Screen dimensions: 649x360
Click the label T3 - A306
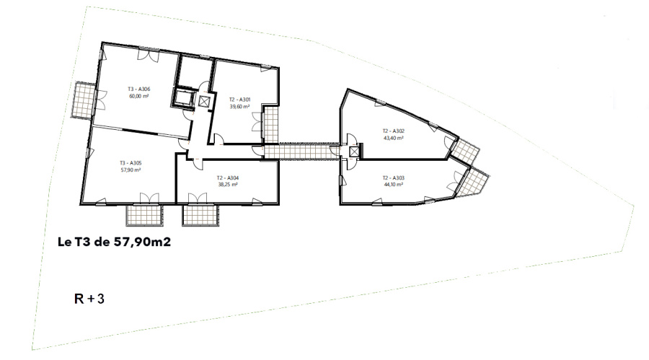(x=138, y=89)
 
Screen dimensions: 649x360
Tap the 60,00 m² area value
(x=139, y=96)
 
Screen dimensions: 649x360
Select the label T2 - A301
(x=239, y=100)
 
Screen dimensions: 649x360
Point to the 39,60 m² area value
(x=239, y=106)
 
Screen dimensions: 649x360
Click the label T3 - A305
(x=131, y=163)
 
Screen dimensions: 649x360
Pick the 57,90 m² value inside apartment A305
(x=131, y=170)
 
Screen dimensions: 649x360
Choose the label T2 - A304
(x=228, y=178)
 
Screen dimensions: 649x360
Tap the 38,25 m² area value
(x=228, y=185)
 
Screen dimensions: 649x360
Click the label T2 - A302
(x=393, y=131)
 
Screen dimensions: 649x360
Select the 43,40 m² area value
(x=394, y=138)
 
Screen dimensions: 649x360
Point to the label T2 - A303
(x=394, y=178)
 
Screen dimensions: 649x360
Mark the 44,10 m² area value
(x=394, y=185)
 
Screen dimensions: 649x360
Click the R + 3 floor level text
(x=89, y=299)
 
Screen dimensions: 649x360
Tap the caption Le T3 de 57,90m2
(x=114, y=242)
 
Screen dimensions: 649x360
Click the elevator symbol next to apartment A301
(x=205, y=101)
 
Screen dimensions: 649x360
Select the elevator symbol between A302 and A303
(x=354, y=152)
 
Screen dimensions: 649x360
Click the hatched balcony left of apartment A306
(x=84, y=100)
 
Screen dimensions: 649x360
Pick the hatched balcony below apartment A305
(x=144, y=216)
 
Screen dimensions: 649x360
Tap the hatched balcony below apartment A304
(x=200, y=216)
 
